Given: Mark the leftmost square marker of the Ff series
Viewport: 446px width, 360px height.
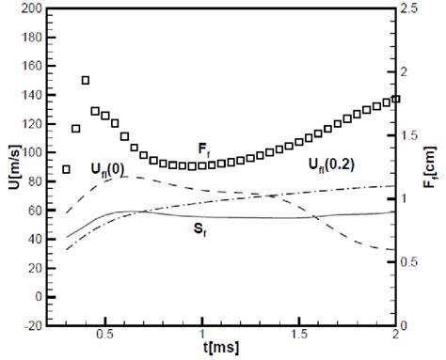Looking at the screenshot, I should point(66,169).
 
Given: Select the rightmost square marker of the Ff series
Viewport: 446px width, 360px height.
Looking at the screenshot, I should point(395,99).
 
